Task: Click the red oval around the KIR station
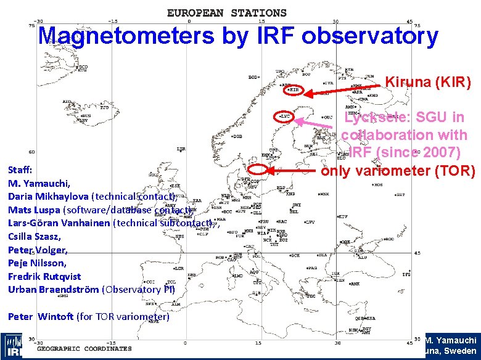(x=295, y=90)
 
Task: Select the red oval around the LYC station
(x=285, y=116)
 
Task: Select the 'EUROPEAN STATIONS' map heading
(x=227, y=12)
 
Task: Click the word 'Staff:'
(x=20, y=169)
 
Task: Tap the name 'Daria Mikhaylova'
(x=49, y=197)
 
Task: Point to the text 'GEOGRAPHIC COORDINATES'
(x=84, y=348)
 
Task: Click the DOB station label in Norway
(x=237, y=136)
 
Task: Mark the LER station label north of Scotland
(x=181, y=149)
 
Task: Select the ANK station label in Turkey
(x=355, y=284)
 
